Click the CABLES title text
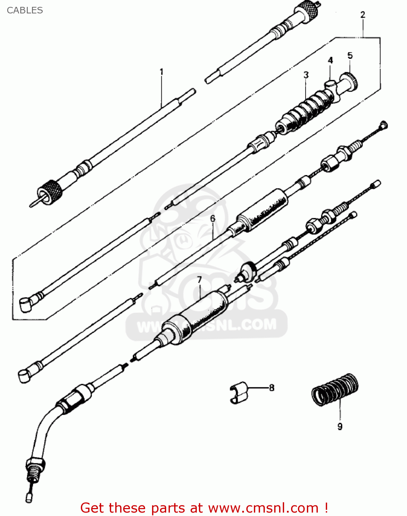coord(25,10)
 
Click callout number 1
coord(161,72)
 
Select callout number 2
coord(363,15)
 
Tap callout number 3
coord(306,75)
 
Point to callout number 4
coord(330,61)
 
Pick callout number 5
coord(350,55)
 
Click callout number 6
coord(213,218)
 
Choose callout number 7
coord(199,280)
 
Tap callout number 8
coord(271,388)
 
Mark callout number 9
coord(340,427)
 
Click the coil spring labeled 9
coord(335,390)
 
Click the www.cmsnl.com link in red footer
coord(263,508)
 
